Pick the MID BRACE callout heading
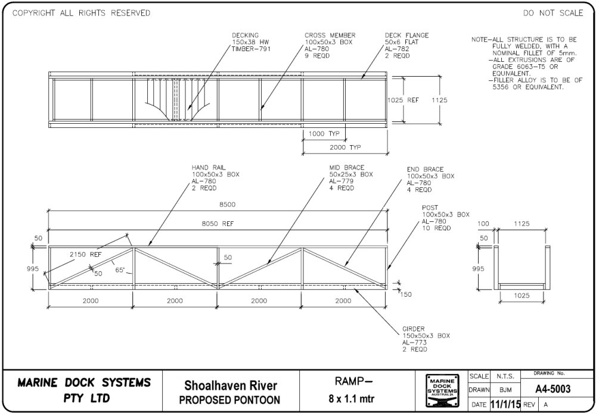[347, 168]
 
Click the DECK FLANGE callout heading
[406, 36]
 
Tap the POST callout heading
[430, 208]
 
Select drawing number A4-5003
[552, 389]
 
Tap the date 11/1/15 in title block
[505, 404]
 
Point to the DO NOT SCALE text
[553, 13]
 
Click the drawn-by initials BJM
[505, 390]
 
